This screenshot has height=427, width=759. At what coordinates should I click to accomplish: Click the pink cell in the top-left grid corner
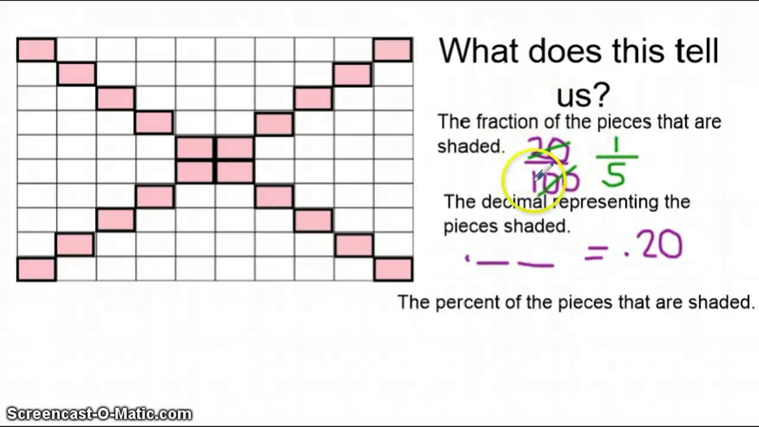point(36,50)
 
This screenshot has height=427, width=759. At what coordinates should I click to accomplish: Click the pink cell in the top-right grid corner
point(393,50)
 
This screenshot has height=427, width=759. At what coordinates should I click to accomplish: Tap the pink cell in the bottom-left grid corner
point(36,269)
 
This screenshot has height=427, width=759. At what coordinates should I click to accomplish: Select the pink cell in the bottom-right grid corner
point(393,269)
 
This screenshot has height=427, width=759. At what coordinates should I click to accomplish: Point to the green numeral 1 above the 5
point(616,145)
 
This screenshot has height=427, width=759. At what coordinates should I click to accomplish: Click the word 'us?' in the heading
point(583,94)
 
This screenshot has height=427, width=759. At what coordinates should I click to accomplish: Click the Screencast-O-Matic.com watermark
point(99,413)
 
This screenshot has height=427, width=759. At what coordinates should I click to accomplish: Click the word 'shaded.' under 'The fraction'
point(470,146)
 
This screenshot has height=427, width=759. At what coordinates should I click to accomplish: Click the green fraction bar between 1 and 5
point(617,158)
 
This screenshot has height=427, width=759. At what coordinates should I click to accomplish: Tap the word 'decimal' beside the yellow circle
point(513,202)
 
